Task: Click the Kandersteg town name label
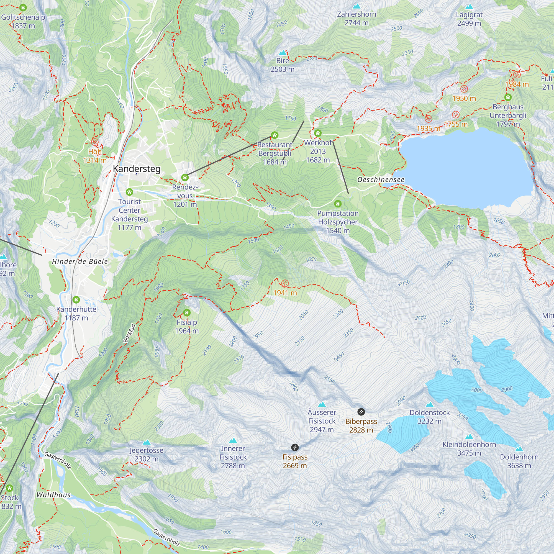tap(137, 169)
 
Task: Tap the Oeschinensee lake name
tap(381, 180)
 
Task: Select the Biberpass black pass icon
tap(361, 412)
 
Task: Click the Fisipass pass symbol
tap(295, 447)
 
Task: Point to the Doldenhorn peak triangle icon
tap(519, 449)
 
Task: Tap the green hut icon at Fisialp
tap(187, 312)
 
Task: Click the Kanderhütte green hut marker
tap(76, 300)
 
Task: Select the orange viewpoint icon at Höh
tap(95, 142)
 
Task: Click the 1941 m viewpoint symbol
tap(285, 284)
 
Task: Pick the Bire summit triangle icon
tap(283, 53)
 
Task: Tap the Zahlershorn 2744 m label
tap(356, 18)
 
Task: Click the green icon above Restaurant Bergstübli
tap(275, 135)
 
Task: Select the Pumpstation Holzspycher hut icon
tap(338, 204)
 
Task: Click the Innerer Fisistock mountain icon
tap(233, 440)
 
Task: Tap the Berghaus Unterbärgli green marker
tap(508, 97)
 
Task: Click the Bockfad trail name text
tap(129, 333)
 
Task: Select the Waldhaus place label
tap(53, 495)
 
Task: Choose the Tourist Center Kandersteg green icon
tap(129, 192)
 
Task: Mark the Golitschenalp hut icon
tap(23, 8)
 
